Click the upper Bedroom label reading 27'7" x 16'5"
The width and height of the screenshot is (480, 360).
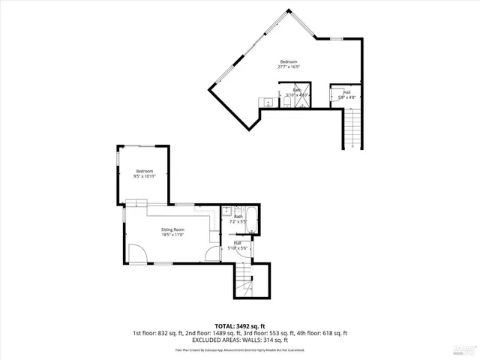(x=289, y=64)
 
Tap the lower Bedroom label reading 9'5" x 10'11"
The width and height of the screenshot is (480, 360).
(x=144, y=174)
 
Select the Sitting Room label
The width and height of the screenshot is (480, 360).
(x=172, y=232)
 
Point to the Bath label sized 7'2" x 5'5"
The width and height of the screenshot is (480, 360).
(x=238, y=220)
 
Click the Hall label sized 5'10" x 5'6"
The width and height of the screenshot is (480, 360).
(x=238, y=245)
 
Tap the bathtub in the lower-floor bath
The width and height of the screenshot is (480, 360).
(x=252, y=221)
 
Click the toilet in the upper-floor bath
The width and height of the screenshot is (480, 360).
(x=287, y=104)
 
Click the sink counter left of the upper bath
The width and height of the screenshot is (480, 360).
(x=267, y=102)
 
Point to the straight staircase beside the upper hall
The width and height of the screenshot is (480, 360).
(x=355, y=128)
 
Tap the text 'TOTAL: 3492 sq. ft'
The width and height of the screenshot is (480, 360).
(x=240, y=326)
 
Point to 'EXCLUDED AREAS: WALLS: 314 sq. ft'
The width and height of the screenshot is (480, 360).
(x=240, y=340)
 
